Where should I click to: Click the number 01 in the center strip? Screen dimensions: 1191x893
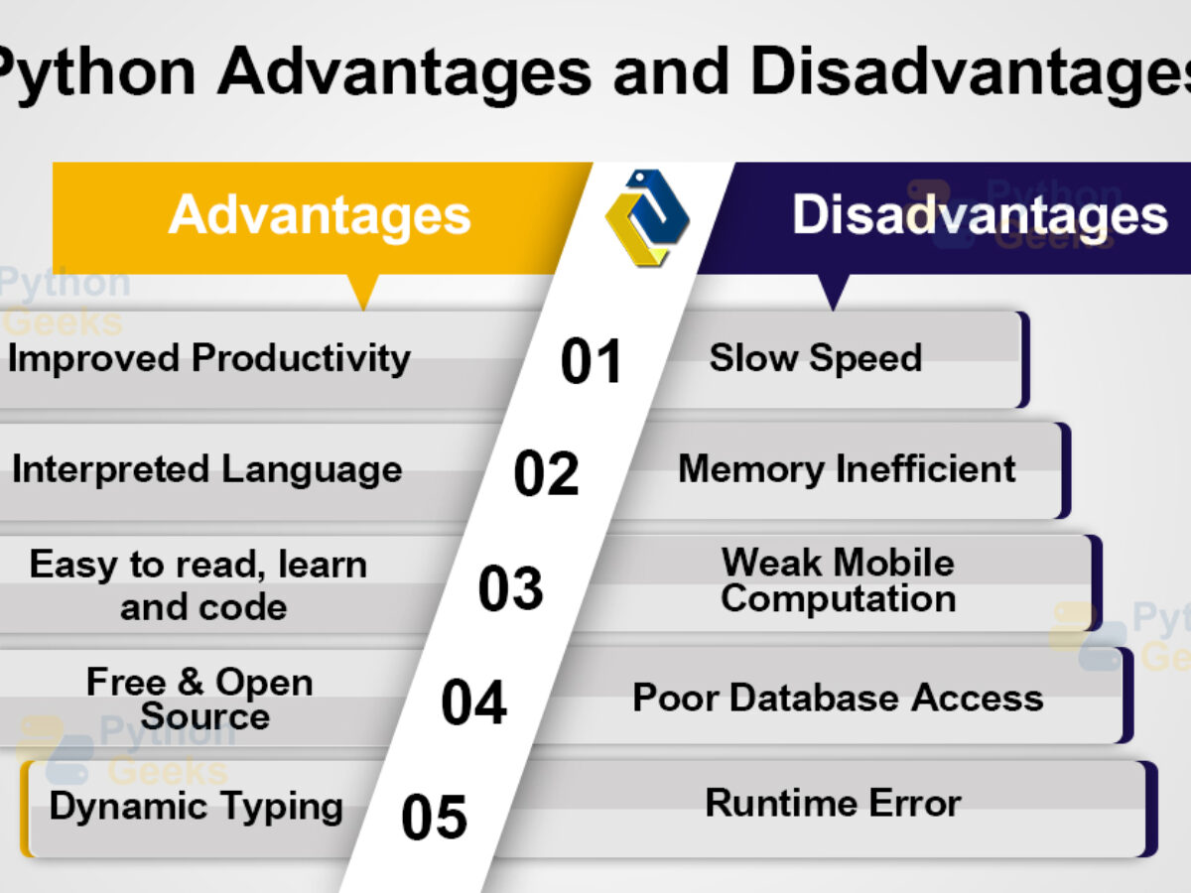tap(592, 360)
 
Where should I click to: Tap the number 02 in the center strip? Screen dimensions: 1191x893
tap(547, 473)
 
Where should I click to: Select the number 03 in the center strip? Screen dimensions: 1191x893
tap(510, 588)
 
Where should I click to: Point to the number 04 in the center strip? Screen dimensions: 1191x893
tap(473, 702)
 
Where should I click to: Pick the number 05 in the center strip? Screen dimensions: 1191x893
tap(434, 816)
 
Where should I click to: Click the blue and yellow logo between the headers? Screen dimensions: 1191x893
tap(647, 217)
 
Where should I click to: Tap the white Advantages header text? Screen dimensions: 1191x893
tap(320, 215)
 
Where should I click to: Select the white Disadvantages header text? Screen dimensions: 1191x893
tap(980, 215)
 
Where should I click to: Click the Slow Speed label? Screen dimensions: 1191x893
tap(816, 358)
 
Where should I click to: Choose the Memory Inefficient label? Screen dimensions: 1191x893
tap(847, 469)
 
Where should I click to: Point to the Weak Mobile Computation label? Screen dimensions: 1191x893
tap(839, 580)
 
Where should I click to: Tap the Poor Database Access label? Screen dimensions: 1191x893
tap(838, 698)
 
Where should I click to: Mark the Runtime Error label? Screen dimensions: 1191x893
tap(834, 803)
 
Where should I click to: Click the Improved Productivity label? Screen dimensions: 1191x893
tap(208, 358)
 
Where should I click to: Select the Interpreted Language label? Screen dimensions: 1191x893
tap(206, 470)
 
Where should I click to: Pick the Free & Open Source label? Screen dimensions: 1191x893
tap(200, 700)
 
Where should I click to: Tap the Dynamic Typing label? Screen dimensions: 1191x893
tap(196, 808)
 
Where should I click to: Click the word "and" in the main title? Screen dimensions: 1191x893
tap(671, 72)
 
